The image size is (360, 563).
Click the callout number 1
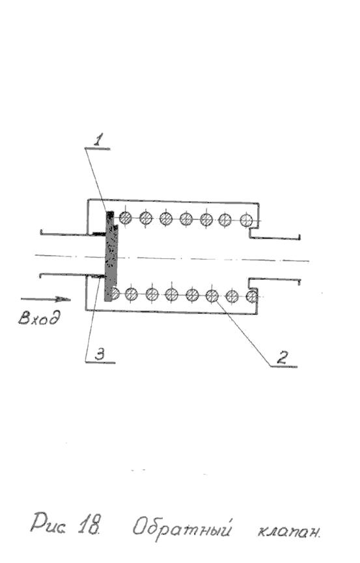click(x=98, y=139)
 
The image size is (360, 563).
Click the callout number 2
click(x=282, y=357)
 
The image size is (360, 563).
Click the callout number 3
click(x=99, y=355)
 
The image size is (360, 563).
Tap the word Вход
click(x=40, y=318)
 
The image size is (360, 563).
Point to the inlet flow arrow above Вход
click(x=46, y=299)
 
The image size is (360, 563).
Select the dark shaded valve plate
click(x=110, y=256)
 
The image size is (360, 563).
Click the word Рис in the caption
click(x=48, y=523)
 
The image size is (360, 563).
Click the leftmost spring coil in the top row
click(x=126, y=217)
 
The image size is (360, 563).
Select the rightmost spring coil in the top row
click(x=247, y=220)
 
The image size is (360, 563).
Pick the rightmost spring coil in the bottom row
click(x=252, y=297)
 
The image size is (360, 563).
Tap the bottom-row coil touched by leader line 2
click(x=212, y=296)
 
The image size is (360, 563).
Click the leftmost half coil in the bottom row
click(x=115, y=294)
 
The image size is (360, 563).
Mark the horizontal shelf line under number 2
click(x=283, y=366)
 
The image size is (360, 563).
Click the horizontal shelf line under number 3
click(x=100, y=363)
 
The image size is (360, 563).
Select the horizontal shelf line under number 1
click(x=98, y=148)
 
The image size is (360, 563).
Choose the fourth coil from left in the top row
click(x=186, y=219)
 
